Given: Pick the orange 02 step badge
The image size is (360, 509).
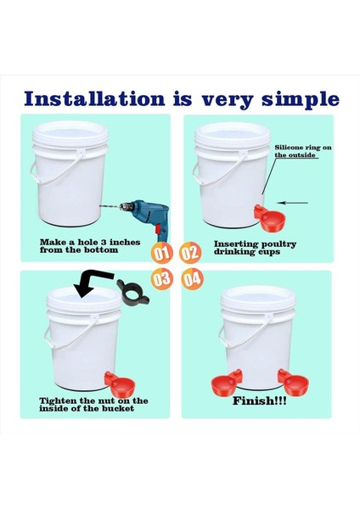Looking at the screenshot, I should point(191,253).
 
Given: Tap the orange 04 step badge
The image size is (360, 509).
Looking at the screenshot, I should point(192,277).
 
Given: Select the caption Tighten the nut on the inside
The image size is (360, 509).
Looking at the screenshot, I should point(93,404).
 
